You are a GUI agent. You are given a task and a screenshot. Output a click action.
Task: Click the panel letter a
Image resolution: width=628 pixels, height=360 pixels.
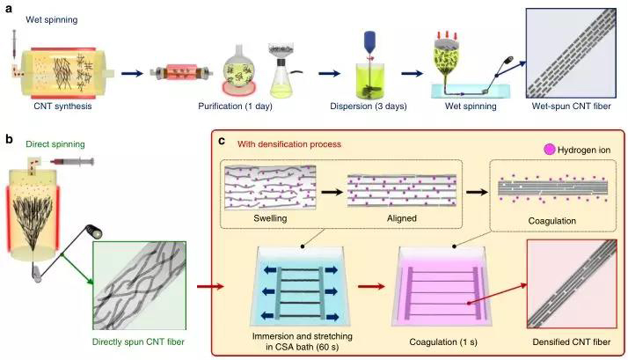tap(8, 7)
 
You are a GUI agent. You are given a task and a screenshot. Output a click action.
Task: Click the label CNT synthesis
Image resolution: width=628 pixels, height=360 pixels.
tap(62, 107)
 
